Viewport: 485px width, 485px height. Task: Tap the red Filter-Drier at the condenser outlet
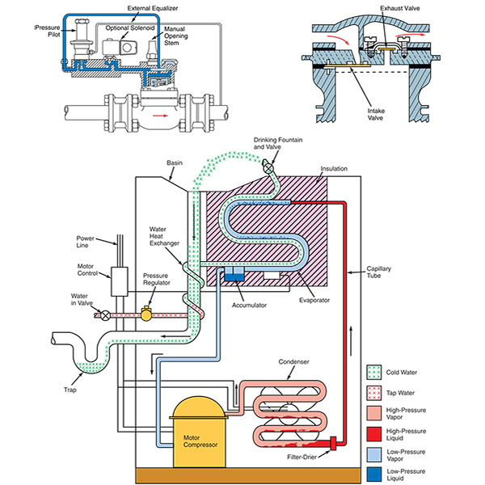point(333,442)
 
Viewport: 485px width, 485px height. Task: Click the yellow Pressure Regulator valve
point(146,313)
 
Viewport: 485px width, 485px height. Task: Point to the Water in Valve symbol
point(104,314)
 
